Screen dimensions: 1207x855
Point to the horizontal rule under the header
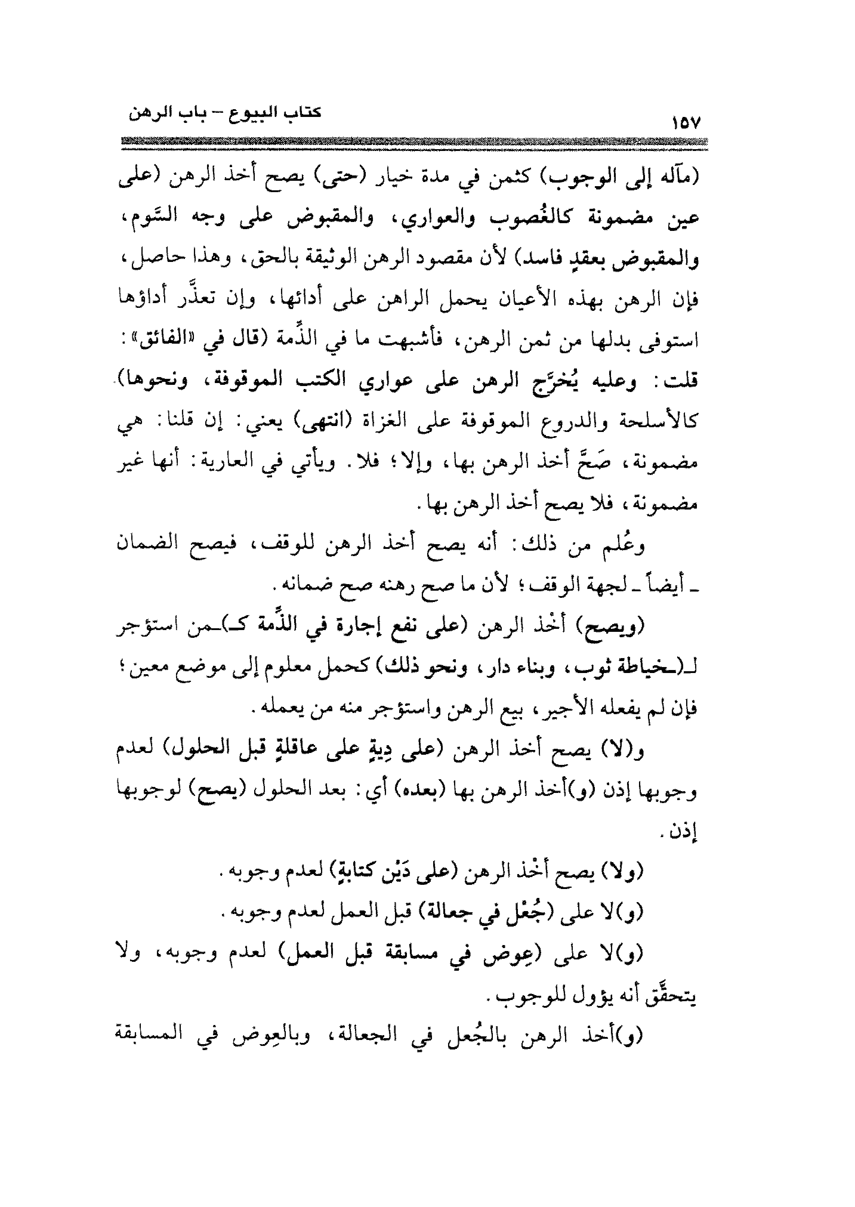tap(413, 143)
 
